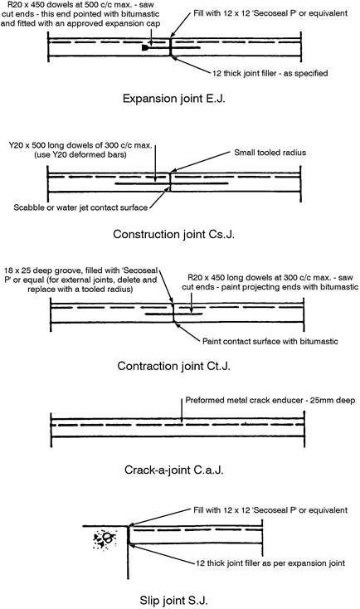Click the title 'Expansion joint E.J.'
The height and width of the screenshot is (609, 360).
tap(174, 98)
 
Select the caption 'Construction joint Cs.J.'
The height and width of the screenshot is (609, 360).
tap(174, 234)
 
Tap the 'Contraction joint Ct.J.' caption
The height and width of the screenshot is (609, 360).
tap(174, 366)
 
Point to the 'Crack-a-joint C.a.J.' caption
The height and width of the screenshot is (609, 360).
tap(174, 470)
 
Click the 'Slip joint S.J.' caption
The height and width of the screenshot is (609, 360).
tap(174, 600)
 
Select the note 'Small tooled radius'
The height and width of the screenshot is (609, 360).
tap(270, 153)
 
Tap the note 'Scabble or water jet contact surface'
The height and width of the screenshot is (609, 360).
tap(80, 207)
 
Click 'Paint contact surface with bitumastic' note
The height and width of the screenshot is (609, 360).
tap(270, 341)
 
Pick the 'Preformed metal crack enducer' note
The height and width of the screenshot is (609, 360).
tap(244, 400)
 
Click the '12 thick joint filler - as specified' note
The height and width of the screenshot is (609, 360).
tap(270, 73)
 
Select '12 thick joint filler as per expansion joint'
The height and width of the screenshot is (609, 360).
tap(270, 563)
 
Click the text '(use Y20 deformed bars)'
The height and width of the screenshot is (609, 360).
tap(80, 154)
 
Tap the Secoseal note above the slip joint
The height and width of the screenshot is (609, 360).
tap(270, 510)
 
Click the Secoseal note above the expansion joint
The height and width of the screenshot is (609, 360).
tap(270, 13)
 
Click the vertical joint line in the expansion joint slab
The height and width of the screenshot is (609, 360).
tap(171, 47)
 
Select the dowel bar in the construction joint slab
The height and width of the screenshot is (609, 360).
tap(171, 183)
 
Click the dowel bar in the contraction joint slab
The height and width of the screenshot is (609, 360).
tap(173, 314)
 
